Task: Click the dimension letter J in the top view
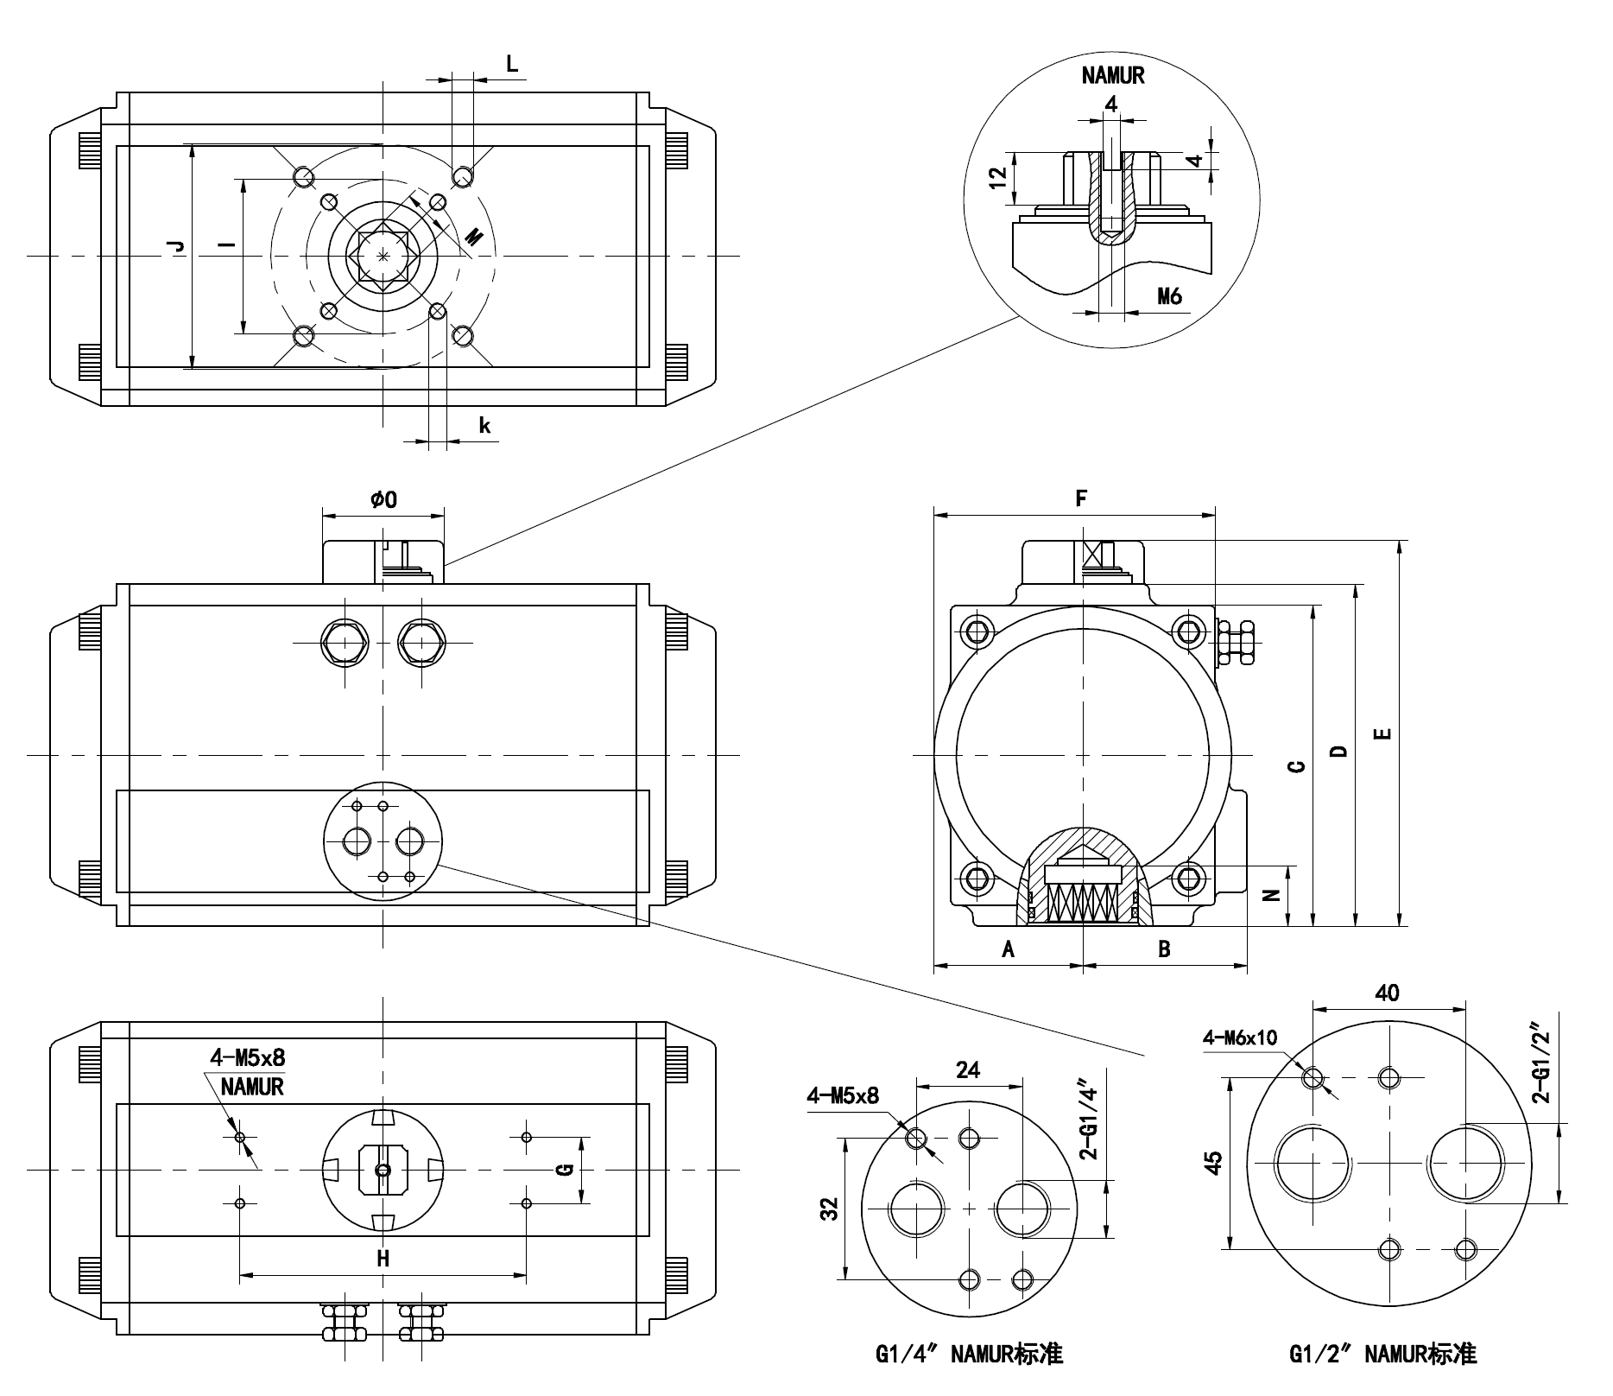pyautogui.click(x=177, y=246)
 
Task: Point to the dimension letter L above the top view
pyautogui.click(x=512, y=64)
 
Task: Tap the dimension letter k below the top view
pyautogui.click(x=484, y=425)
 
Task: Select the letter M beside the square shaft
pyautogui.click(x=474, y=236)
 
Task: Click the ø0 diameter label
pyautogui.click(x=383, y=499)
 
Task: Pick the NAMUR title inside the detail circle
pyautogui.click(x=1112, y=76)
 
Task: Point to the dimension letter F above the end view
pyautogui.click(x=1080, y=498)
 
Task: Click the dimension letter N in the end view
pyautogui.click(x=1271, y=894)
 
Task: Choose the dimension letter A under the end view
pyautogui.click(x=1007, y=949)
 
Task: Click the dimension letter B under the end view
pyautogui.click(x=1164, y=949)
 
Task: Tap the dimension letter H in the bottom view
pyautogui.click(x=383, y=1258)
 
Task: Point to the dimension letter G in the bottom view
pyautogui.click(x=565, y=1170)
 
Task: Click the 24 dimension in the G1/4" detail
pyautogui.click(x=968, y=1069)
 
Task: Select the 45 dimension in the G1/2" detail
pyautogui.click(x=1213, y=1162)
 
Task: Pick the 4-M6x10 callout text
pyautogui.click(x=1239, y=1037)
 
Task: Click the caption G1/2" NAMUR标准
pyautogui.click(x=1382, y=1354)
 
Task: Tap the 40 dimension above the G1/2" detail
pyautogui.click(x=1387, y=993)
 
